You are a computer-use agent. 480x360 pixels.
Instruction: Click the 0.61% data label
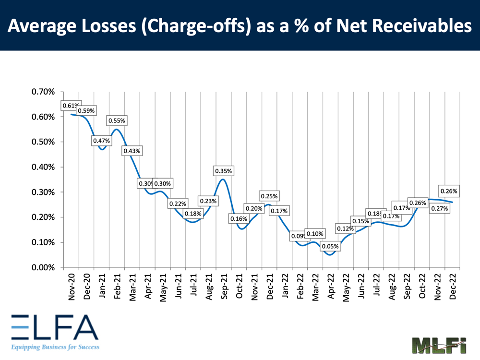pos(71,106)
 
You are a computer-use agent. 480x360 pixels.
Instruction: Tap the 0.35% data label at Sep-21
pos(223,171)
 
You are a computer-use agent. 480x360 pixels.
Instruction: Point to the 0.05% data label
pos(330,247)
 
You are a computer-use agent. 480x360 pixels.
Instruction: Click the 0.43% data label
pos(132,151)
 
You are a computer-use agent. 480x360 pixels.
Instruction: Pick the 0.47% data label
pos(101,141)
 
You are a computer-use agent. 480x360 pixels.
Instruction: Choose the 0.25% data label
pos(269,196)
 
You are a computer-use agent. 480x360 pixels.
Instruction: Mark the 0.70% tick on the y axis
pos(44,92)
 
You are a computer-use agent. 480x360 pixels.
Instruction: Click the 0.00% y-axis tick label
pos(44,267)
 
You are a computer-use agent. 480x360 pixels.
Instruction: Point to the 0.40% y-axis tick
pos(44,167)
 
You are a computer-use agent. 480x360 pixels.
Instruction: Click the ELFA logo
pos(53,327)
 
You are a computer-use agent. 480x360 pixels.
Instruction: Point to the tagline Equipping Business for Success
pos(54,346)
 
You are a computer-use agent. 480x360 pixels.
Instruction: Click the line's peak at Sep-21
pos(222,180)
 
